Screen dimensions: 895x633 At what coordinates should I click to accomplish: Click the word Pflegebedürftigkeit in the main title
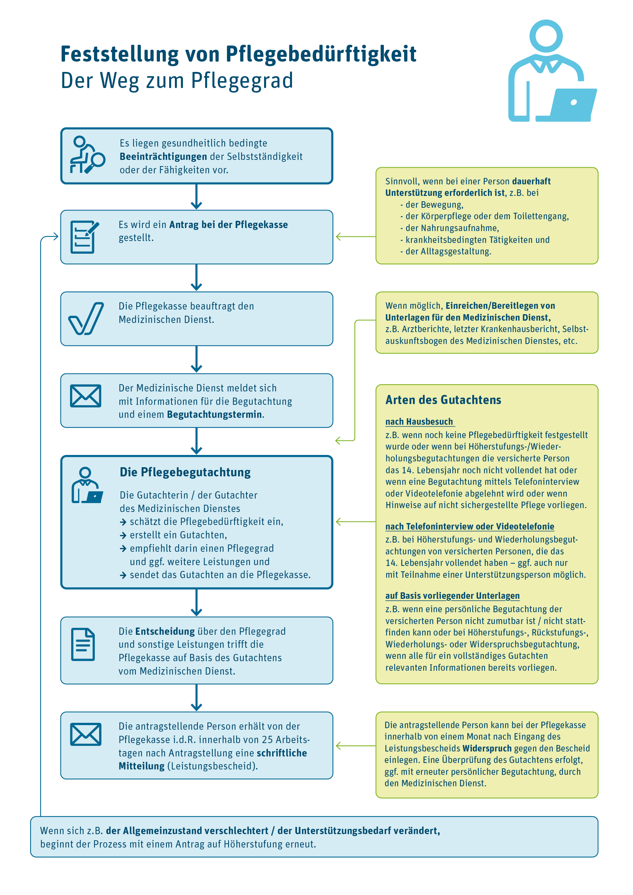pos(321,54)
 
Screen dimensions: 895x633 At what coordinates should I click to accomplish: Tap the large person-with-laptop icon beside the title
pos(552,72)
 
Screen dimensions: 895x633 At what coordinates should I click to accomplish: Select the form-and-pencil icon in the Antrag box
pos(84,236)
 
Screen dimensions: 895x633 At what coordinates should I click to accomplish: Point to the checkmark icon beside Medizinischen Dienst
pos(86,318)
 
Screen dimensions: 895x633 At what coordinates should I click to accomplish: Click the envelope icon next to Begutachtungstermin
pos(85,396)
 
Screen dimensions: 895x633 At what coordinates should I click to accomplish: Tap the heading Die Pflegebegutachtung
pos(185,472)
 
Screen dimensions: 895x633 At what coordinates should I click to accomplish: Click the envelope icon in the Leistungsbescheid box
pos(85,734)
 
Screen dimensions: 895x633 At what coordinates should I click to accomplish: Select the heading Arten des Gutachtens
pos(443,400)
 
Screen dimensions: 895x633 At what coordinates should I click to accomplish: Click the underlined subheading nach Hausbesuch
pos(419,422)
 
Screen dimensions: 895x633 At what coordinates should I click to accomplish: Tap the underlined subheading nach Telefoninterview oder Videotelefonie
pos(470,527)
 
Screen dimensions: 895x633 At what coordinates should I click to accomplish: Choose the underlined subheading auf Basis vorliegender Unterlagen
pos(452,596)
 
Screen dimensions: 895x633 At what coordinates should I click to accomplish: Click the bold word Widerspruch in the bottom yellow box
pos(486,748)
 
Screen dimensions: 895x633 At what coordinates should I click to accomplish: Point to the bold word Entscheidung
pos(165,631)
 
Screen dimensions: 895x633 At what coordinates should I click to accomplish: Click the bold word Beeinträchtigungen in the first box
pos(163,157)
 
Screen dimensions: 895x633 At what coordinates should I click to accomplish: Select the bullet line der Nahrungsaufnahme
pos(452,228)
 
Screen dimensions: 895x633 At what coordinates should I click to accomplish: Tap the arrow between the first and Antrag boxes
pos(196,197)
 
